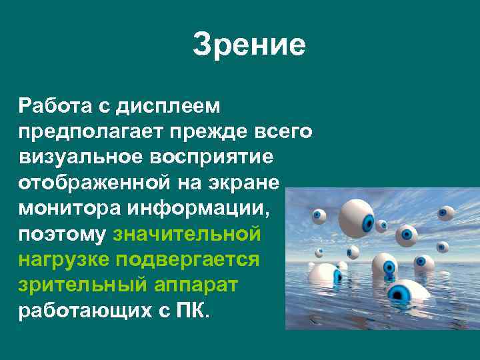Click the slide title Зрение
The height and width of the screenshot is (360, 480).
coord(249,45)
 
